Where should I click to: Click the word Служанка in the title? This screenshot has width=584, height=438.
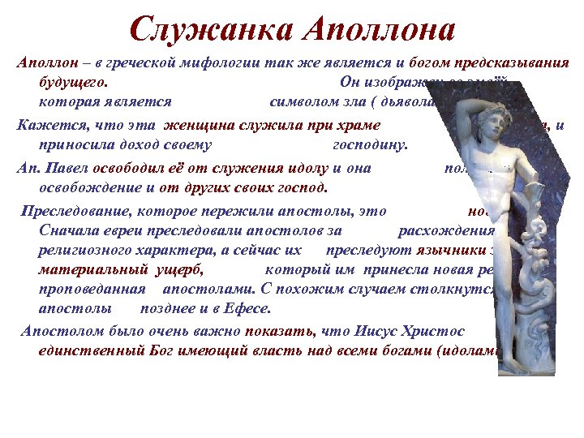(212, 30)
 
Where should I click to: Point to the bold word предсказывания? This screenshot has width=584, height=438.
(511, 64)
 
